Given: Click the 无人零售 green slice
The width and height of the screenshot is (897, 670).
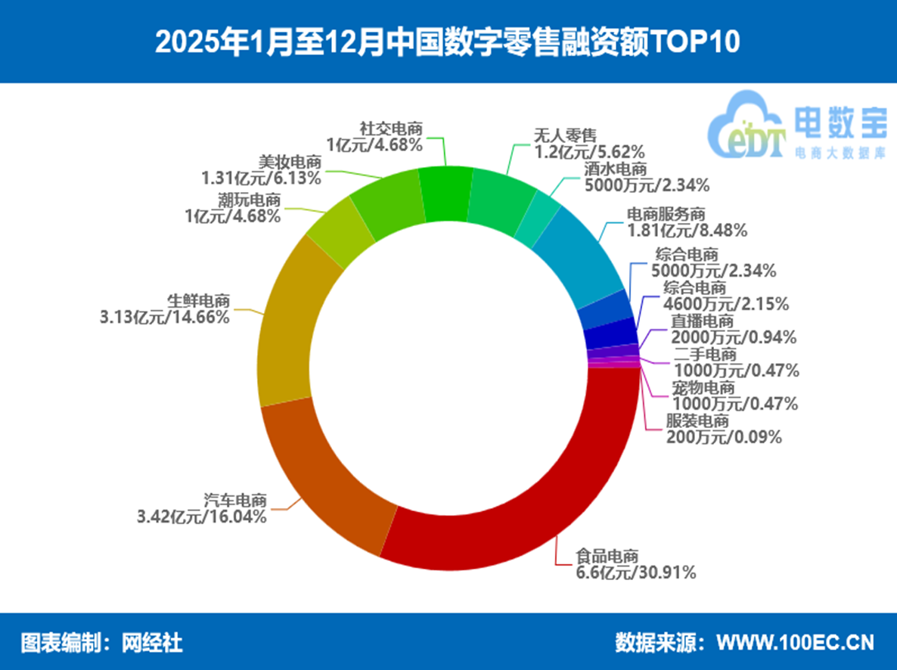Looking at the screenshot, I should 499,200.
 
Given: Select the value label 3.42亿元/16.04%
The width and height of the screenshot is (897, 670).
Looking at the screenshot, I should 201,517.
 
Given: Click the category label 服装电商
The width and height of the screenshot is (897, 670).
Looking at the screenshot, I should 697,421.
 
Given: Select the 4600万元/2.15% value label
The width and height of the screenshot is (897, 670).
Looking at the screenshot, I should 726,304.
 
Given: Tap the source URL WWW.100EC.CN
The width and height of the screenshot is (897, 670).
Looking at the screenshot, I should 795,643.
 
